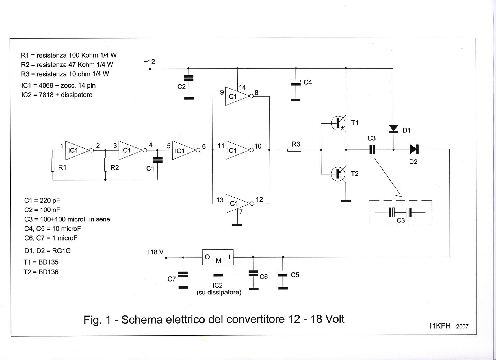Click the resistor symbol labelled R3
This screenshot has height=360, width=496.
pyautogui.click(x=294, y=150)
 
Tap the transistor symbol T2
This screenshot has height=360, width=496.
pyautogui.click(x=338, y=174)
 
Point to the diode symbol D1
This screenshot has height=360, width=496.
pyautogui.click(x=393, y=129)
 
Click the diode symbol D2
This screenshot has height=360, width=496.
pyautogui.click(x=414, y=149)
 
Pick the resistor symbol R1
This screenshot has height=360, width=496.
pyautogui.click(x=53, y=165)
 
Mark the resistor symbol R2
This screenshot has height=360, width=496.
pyautogui.click(x=105, y=165)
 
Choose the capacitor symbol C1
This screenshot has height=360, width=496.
pyautogui.click(x=157, y=160)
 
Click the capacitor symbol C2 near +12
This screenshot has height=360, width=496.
pyautogui.click(x=189, y=78)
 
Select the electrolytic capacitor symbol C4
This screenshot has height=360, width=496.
pyautogui.click(x=296, y=82)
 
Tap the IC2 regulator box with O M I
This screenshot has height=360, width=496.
pyautogui.click(x=218, y=257)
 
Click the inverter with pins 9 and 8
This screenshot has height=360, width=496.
pyautogui.click(x=237, y=96)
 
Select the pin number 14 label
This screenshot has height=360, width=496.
pyautogui.click(x=242, y=88)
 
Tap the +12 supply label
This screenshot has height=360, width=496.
pyautogui.click(x=149, y=62)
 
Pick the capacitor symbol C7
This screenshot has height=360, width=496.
pyautogui.click(x=183, y=274)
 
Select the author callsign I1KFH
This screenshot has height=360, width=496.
pyautogui.click(x=440, y=326)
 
